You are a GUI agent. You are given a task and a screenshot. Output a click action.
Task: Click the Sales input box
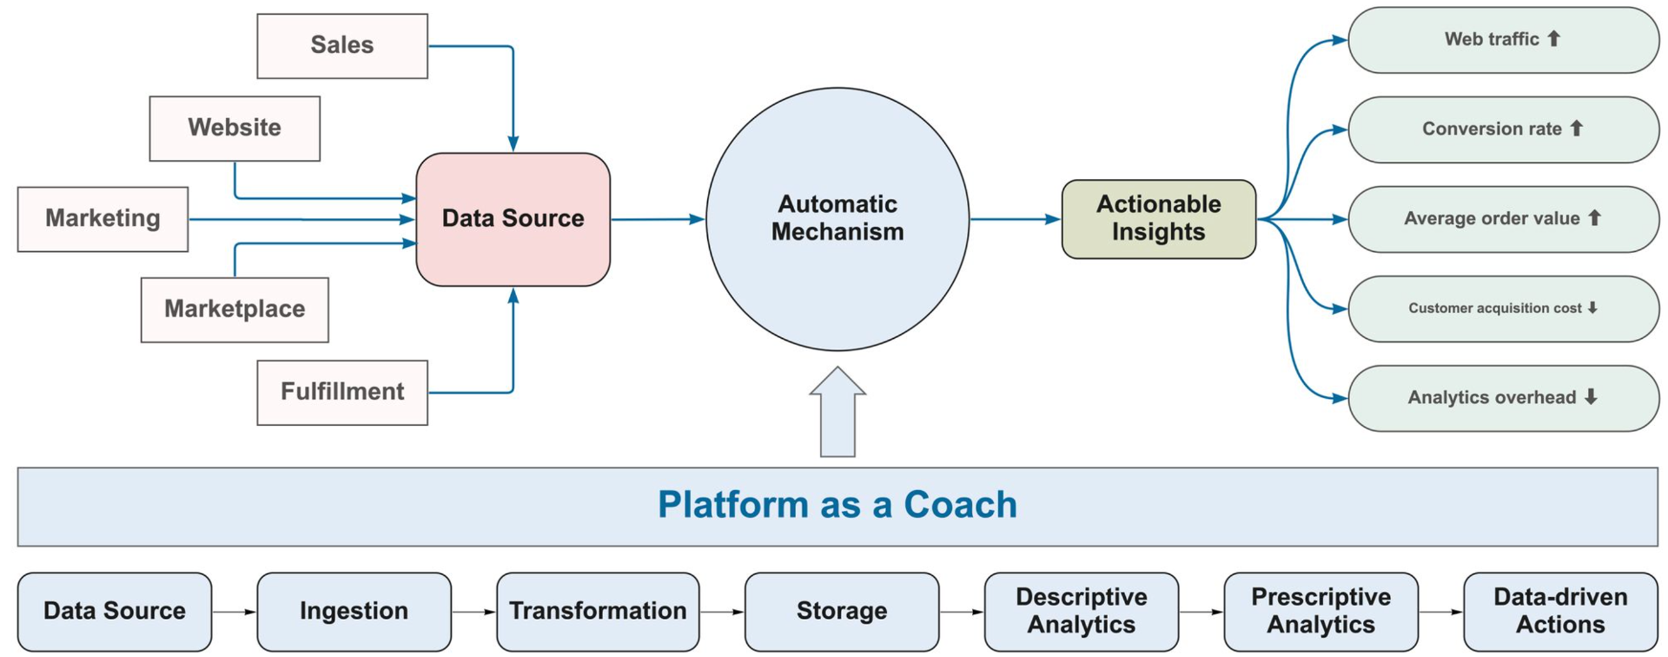[x=342, y=46]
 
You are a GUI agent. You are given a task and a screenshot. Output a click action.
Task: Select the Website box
[x=235, y=129]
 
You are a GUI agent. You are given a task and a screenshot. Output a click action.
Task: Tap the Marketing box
[x=103, y=219]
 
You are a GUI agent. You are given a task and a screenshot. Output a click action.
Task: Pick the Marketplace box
[x=235, y=310]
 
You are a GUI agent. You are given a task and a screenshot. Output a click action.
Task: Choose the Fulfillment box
[x=342, y=393]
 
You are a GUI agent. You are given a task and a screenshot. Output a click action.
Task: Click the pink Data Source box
[x=513, y=220]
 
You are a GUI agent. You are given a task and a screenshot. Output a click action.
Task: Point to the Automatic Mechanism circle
[x=837, y=219]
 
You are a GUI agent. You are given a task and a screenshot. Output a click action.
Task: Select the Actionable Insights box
[x=1159, y=219]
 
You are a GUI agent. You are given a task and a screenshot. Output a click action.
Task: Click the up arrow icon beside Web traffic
[x=1554, y=38]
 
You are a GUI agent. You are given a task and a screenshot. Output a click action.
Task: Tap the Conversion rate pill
[x=1504, y=129]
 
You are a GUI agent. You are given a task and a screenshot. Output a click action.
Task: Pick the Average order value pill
[x=1504, y=219]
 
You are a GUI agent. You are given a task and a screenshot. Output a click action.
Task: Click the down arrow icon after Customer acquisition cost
[x=1592, y=308]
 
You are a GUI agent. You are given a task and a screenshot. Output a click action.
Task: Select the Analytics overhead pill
[x=1504, y=398]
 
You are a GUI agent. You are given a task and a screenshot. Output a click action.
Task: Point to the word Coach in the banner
[x=960, y=505]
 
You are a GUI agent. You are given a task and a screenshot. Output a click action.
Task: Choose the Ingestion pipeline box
[x=354, y=612]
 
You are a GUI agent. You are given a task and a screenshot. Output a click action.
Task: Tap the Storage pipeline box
[x=842, y=612]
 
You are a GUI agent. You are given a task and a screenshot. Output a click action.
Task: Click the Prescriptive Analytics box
[x=1321, y=612]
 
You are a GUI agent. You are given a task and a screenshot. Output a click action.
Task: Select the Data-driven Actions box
[x=1561, y=612]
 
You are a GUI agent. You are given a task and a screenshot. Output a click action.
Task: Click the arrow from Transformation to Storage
[x=722, y=612]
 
